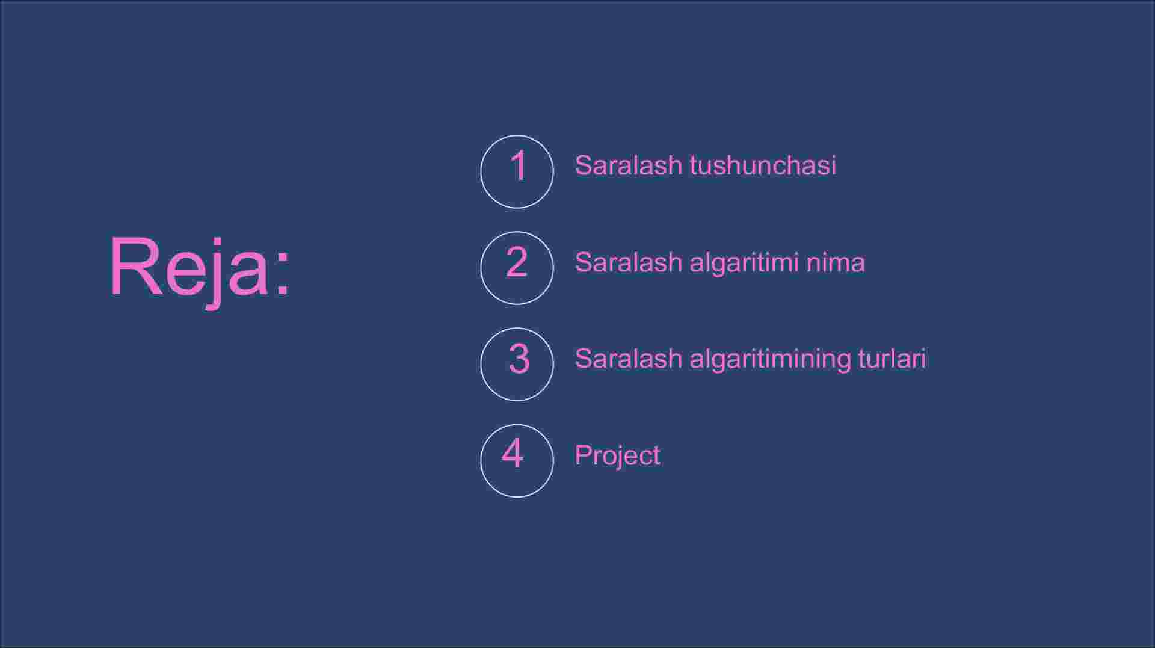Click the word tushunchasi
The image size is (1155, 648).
[x=763, y=165]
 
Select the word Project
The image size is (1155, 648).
[x=617, y=456]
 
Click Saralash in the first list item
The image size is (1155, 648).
[x=628, y=165]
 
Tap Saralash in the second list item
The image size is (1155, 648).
[x=628, y=262]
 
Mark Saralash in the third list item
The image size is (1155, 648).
[x=628, y=359]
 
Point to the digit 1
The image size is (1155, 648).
[x=519, y=165]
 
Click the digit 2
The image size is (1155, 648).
[x=517, y=262]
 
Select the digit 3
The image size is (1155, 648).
[x=519, y=359]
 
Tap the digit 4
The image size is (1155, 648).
[x=513, y=453]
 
